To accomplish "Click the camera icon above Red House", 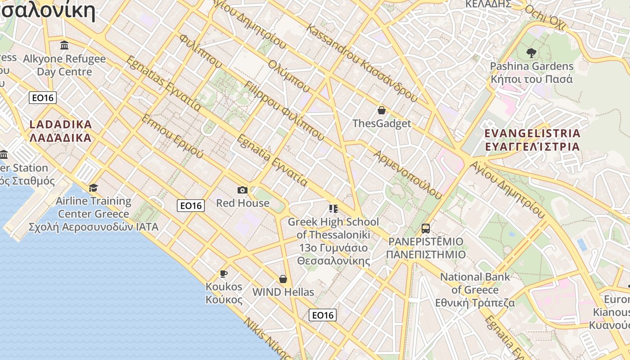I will coord(243,190).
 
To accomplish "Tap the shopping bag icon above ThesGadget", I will coord(382,110).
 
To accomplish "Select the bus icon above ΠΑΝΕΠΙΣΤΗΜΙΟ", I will coord(426,229).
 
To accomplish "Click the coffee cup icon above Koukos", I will coord(223,274).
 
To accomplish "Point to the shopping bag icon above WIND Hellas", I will coord(283,279).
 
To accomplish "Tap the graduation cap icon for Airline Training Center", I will coord(93,188).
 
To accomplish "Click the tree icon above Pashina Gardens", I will coord(531,53).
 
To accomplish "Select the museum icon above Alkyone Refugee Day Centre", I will coord(64,45).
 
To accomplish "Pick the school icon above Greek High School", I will coord(333,209).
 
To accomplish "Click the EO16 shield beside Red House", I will coord(191,206).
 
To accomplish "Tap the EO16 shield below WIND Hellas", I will coord(323,315).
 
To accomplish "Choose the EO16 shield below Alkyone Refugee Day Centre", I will coord(43,98).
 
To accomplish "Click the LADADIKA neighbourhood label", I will coord(61,131).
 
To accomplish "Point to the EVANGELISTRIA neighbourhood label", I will coord(532,140).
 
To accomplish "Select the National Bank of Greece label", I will coord(475,290).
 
